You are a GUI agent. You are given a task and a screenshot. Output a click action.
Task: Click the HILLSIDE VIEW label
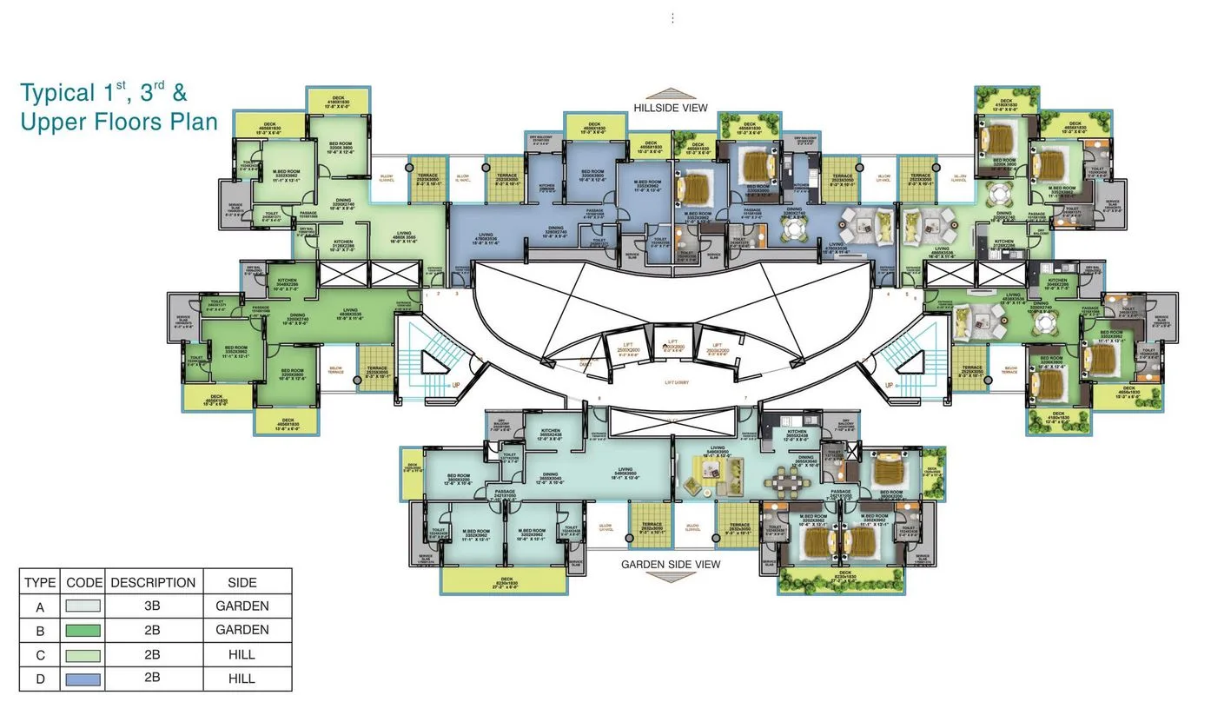pos(670,109)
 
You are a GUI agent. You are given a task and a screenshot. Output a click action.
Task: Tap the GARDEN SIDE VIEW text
pos(670,565)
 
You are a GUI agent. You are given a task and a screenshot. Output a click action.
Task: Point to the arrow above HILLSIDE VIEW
pos(670,95)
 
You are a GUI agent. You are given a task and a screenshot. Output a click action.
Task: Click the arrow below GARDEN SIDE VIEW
pos(670,577)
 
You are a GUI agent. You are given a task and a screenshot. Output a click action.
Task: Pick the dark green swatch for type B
pos(83,631)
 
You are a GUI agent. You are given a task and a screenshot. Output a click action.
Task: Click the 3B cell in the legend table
pos(152,606)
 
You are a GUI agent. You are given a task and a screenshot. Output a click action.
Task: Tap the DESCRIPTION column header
pos(153,583)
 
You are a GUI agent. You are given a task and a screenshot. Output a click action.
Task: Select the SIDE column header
pos(242,583)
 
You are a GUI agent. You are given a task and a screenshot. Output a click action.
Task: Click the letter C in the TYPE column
pos(40,655)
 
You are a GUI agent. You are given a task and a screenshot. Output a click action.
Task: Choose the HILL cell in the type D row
pos(242,679)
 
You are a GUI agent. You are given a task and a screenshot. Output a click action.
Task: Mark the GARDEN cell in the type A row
pos(242,606)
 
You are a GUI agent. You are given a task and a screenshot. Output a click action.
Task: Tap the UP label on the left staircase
pos(455,385)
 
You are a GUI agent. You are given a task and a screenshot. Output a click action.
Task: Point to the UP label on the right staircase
pos(888,385)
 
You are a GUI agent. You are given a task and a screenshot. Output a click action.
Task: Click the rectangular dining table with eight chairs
pos(791,479)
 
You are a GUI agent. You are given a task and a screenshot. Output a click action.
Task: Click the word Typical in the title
pos(57,94)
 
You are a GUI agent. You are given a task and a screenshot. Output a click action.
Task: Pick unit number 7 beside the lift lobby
pos(744,399)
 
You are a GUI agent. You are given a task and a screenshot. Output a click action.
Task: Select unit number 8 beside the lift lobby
pos(599,399)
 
